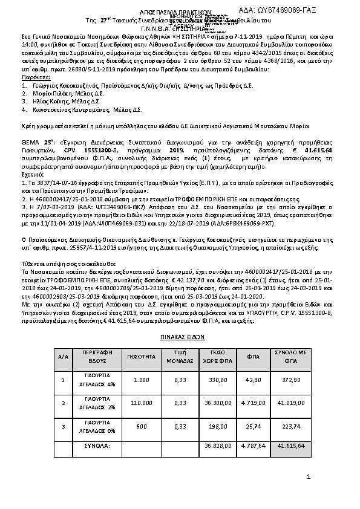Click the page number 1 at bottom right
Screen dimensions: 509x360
click(x=308, y=478)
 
